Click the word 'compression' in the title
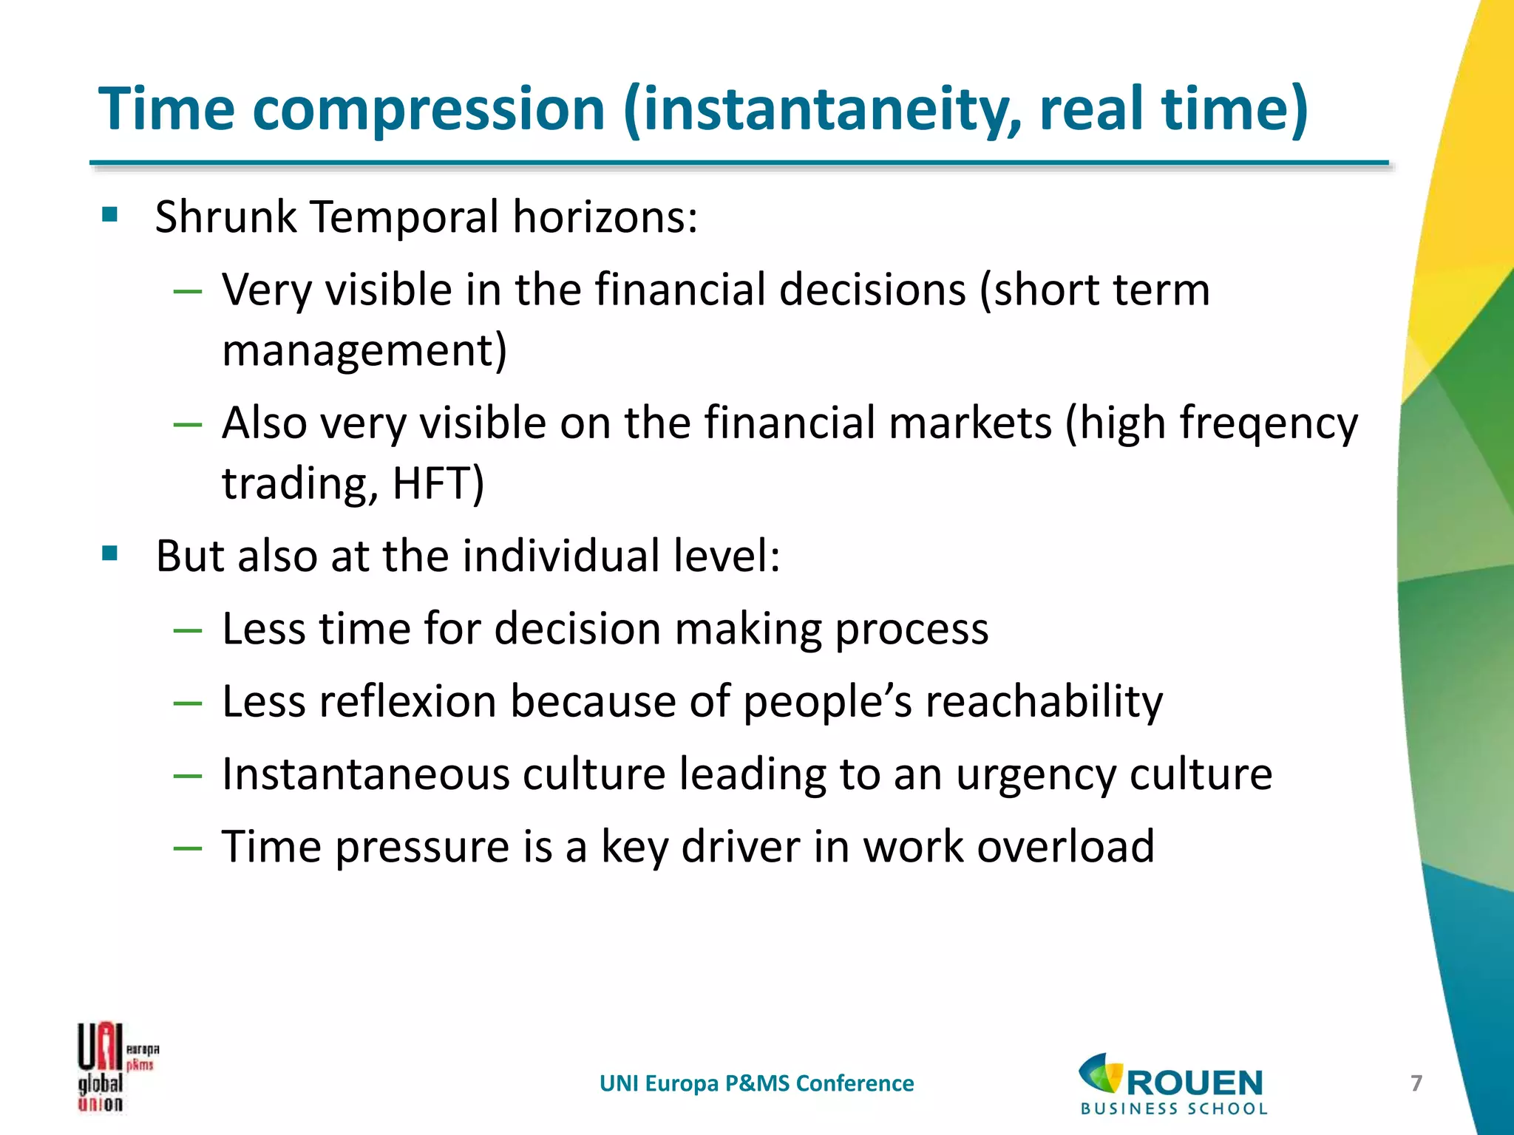428,109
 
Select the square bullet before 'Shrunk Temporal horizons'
110,215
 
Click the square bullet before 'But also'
110,553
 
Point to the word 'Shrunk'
225,217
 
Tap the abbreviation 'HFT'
436,484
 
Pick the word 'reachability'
1044,701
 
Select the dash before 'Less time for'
187,631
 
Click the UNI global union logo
117,1067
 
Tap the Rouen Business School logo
1172,1083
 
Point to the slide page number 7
1416,1083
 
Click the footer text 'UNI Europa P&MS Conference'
756,1083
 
